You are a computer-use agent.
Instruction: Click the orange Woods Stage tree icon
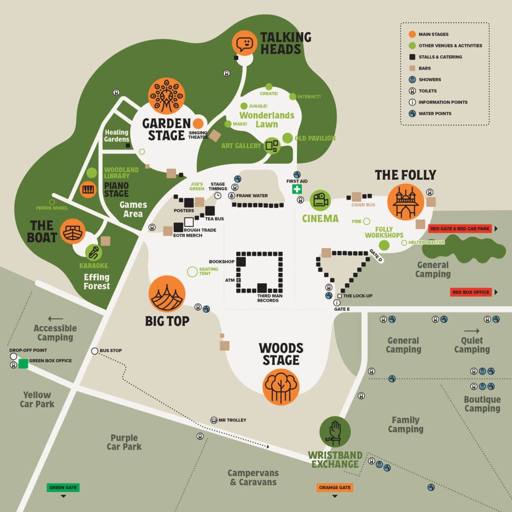click(281, 387)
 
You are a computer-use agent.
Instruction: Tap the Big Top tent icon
click(167, 294)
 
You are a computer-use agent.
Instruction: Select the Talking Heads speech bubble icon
click(244, 44)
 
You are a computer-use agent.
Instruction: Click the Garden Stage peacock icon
click(166, 96)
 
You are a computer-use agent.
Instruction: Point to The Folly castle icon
click(405, 202)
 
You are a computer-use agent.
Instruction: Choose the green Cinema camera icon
click(320, 200)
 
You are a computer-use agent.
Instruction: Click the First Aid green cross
click(297, 189)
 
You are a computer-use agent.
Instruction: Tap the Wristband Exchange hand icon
click(335, 432)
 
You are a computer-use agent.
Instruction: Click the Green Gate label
click(63, 487)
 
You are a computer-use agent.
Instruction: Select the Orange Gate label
click(335, 487)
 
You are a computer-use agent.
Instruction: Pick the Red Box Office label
click(471, 292)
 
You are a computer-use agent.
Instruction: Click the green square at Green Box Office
click(23, 364)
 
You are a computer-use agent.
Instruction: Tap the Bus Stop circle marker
click(95, 351)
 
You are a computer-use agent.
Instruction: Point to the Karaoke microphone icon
click(93, 252)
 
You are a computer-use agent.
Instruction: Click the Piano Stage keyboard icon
click(88, 189)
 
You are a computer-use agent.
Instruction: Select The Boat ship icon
click(73, 232)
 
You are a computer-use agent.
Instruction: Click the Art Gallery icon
click(272, 146)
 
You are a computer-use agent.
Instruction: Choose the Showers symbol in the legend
click(412, 79)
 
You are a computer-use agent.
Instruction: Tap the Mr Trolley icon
click(214, 420)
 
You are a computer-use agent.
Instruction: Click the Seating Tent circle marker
click(192, 271)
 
